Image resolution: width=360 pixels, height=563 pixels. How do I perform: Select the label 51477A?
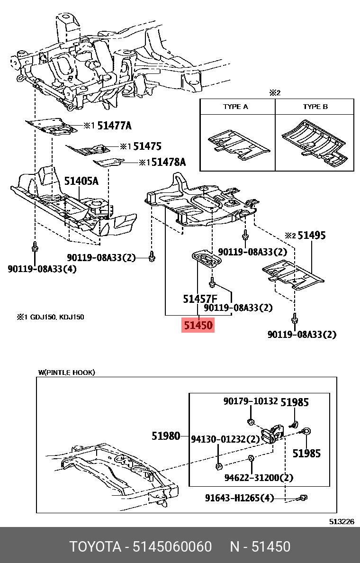(114, 126)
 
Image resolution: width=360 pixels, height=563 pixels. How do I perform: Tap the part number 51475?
(147, 146)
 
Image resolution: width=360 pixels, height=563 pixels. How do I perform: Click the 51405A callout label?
(81, 181)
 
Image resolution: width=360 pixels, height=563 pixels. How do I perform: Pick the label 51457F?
(200, 299)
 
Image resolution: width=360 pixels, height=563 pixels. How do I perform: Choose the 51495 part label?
(311, 236)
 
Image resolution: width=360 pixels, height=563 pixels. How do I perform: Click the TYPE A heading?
(235, 107)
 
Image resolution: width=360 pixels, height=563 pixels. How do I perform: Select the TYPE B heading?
(315, 107)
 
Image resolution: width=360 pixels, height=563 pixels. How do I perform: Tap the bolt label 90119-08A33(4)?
(42, 269)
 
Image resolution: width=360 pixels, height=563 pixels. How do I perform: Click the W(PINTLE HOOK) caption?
(67, 372)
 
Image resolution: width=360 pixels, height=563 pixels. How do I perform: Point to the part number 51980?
(166, 436)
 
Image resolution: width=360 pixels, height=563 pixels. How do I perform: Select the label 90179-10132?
(251, 401)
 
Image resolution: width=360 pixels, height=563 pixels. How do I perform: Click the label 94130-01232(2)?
(225, 439)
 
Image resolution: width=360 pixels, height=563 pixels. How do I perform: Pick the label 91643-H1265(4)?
(240, 498)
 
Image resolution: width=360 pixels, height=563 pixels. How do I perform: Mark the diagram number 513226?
(342, 521)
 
